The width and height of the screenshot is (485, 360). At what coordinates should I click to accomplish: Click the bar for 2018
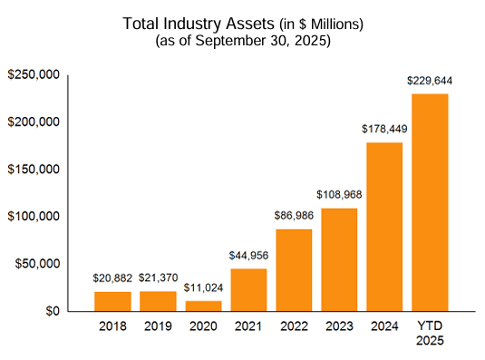coord(112,301)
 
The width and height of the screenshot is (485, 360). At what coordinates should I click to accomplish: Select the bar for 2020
coord(203,306)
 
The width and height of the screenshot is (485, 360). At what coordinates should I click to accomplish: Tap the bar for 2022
coord(294,270)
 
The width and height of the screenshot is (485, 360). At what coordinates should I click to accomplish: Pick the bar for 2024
coord(384,227)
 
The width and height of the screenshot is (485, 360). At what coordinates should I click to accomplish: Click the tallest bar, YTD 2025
coord(430,202)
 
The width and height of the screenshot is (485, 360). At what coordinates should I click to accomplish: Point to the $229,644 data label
coord(430,82)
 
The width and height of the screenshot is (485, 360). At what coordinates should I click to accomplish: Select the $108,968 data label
coord(339,195)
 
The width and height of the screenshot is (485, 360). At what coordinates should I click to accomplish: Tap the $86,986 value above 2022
coord(294,216)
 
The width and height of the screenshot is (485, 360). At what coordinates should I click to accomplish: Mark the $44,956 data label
coord(248,256)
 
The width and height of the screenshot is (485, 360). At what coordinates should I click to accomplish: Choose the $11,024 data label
coord(203,287)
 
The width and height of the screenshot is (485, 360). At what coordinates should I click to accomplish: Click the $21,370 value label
coord(158,277)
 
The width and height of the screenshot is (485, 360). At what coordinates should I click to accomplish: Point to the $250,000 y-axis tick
coord(34,74)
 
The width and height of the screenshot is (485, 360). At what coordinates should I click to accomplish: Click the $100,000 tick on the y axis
coord(34,217)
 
